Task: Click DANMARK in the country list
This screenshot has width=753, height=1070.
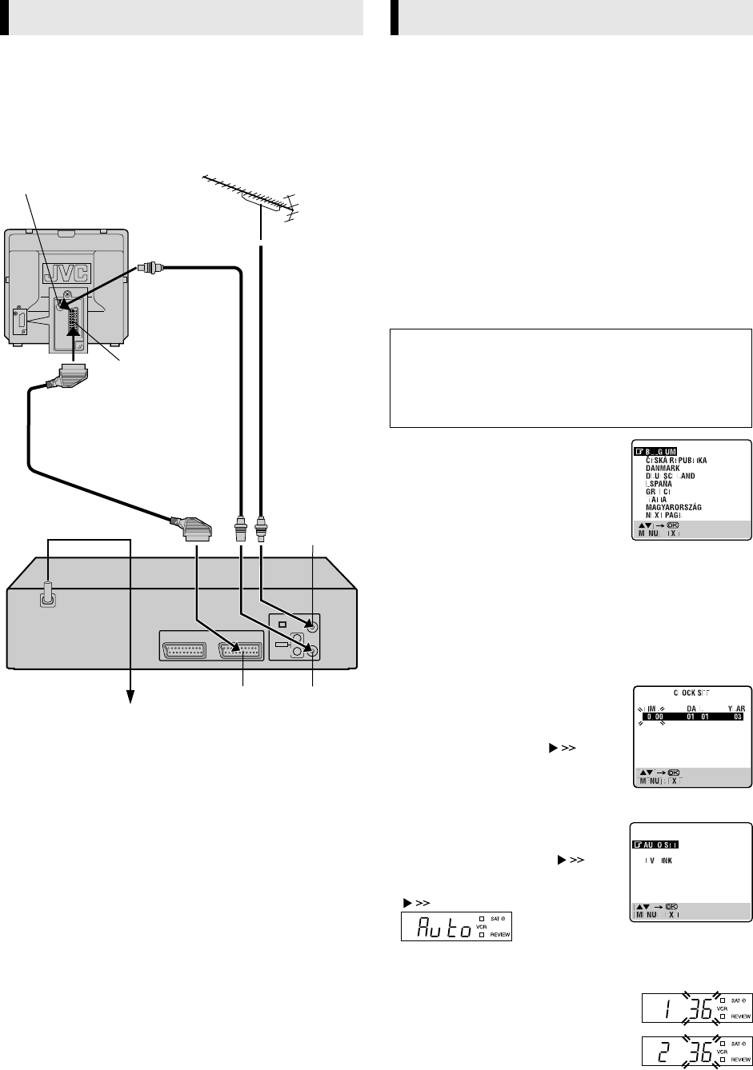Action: (x=663, y=469)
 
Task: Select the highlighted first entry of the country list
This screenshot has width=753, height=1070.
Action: (x=659, y=452)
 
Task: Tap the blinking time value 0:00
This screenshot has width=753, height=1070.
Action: (x=650, y=717)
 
